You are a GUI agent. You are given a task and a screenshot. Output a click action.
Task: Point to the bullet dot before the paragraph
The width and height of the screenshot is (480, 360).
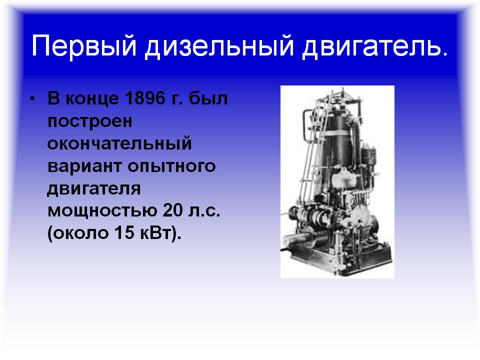coord(32,98)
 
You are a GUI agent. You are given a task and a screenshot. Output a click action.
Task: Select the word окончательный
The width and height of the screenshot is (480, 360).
coord(119,143)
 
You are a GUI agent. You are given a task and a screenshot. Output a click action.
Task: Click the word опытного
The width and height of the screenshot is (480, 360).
coord(171,167)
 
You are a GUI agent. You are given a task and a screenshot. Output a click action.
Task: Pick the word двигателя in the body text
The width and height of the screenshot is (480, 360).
coord(94,189)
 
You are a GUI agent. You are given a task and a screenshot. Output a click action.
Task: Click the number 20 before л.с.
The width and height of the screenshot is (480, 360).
coord(172,210)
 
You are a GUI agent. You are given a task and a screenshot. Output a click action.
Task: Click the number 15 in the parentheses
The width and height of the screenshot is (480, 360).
coord(124,233)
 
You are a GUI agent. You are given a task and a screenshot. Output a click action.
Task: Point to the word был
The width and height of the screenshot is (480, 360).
coord(208,98)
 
